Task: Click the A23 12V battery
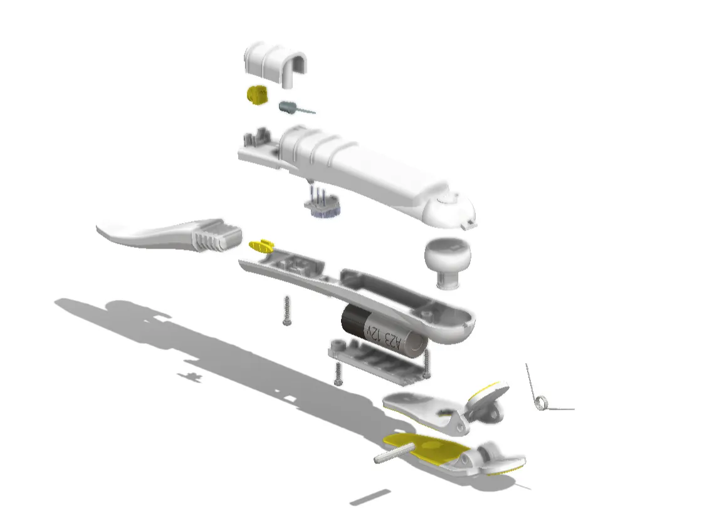coord(383,329)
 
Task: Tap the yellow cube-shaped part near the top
coord(258,95)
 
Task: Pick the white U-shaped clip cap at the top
coord(275,64)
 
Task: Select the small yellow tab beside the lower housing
coord(262,246)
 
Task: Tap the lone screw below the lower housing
coord(287,311)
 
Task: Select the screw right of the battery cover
coord(427,364)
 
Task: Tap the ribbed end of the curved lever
coord(217,235)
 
